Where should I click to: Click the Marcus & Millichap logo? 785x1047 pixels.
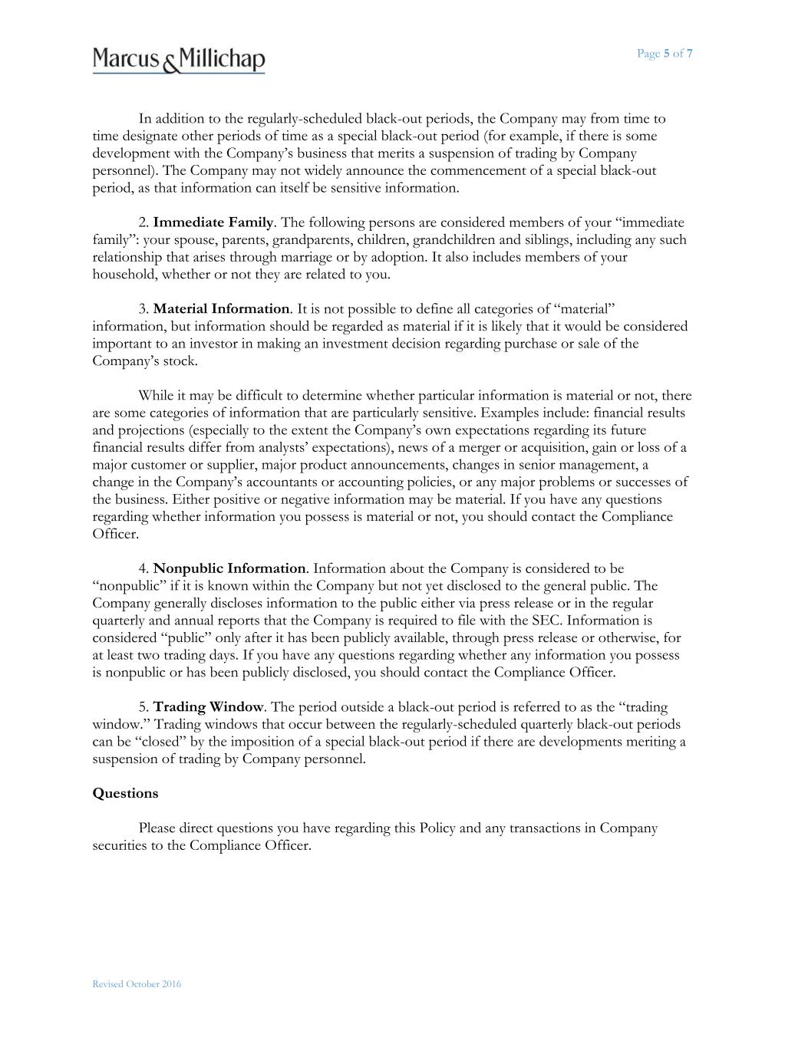179,59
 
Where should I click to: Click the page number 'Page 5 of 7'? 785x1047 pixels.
665,54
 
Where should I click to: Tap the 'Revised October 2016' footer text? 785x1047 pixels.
137,984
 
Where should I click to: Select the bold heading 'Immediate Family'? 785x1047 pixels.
213,222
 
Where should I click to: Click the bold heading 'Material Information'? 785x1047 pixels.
221,309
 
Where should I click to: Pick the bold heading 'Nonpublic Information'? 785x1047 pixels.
229,568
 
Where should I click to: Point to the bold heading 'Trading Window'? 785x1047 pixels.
208,706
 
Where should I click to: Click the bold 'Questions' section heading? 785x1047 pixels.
125,793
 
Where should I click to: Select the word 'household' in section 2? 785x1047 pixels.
123,275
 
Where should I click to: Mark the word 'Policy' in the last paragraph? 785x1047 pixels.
437,828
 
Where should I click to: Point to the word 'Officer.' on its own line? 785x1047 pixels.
116,534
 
